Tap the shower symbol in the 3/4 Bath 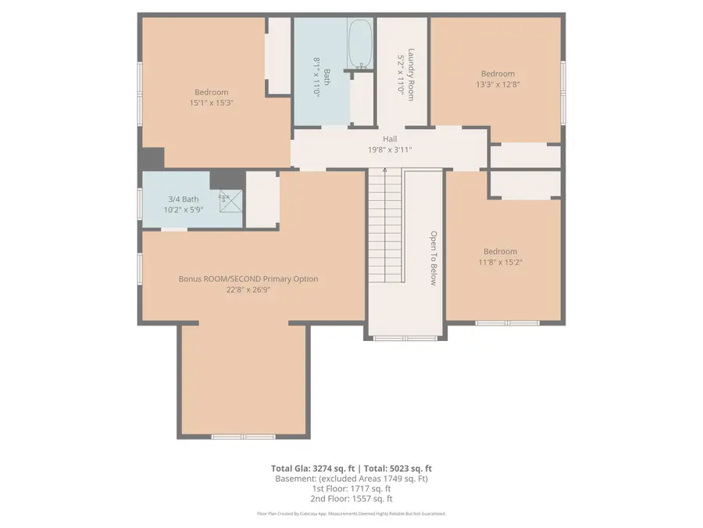click(x=225, y=196)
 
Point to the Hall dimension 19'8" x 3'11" click(x=390, y=149)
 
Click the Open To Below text click(x=431, y=258)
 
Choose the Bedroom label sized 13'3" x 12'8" click(x=497, y=74)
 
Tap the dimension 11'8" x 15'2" click(x=501, y=262)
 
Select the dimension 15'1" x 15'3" click(x=211, y=102)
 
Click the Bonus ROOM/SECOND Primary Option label click(x=248, y=278)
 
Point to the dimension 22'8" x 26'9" click(x=248, y=289)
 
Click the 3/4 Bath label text click(x=184, y=199)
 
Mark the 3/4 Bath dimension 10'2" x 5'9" click(x=184, y=210)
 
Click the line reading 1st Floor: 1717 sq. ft click(x=351, y=488)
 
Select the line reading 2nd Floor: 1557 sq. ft click(x=351, y=498)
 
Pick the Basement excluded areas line click(x=351, y=478)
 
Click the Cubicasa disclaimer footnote click(x=351, y=514)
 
